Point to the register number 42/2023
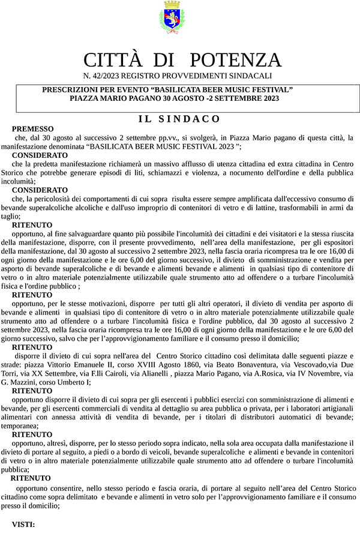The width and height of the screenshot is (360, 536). point(107,76)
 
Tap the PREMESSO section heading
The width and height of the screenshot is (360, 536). point(32,129)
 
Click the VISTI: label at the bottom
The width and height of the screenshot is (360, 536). point(23,524)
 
